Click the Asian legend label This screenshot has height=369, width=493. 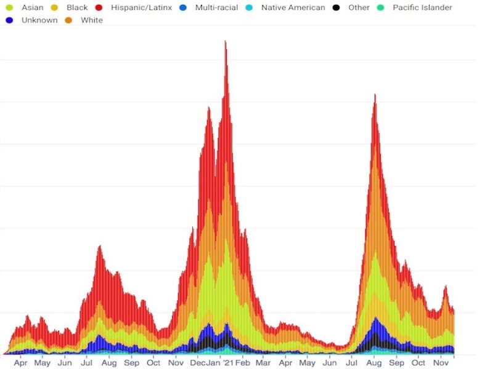coord(32,8)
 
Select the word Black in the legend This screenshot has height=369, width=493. coord(77,8)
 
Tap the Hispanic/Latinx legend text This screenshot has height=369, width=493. coord(142,8)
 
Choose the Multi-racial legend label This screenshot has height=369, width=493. coord(217,8)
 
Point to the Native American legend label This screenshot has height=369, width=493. coord(293,8)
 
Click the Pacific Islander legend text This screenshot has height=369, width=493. coord(422,8)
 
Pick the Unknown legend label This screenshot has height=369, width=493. coord(39,20)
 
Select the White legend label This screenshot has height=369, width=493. coord(92,20)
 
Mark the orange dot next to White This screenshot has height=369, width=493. coord(69,20)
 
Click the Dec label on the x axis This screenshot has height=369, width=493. coord(197,363)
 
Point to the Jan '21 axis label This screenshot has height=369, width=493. coord(220,363)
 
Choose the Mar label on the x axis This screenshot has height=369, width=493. coord(263,363)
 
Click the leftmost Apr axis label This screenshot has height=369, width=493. coord(20,363)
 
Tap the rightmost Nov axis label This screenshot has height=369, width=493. coord(440,363)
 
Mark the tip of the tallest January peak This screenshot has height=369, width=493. coord(226,41)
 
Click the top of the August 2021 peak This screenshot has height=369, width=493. coord(375,95)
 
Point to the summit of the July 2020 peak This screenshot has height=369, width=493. coord(99,246)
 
